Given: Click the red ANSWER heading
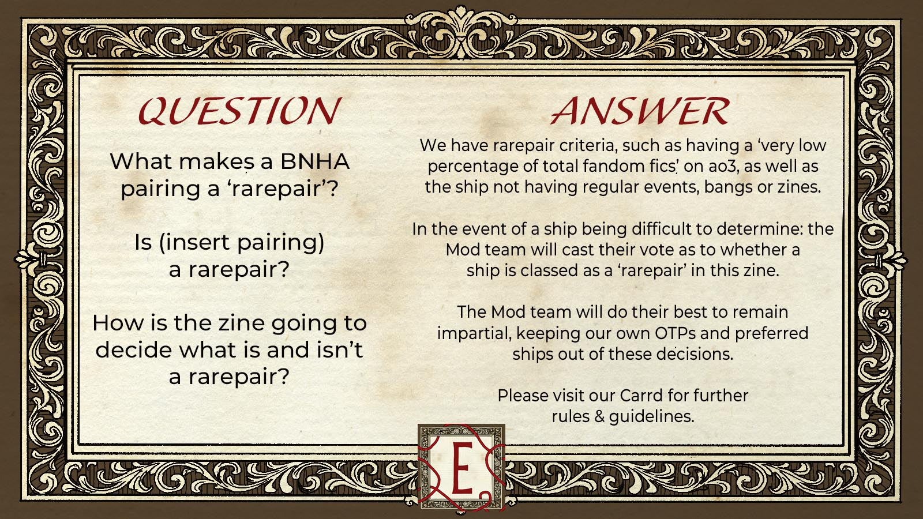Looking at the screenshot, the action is pos(640,111).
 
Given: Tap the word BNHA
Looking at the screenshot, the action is pos(315,161).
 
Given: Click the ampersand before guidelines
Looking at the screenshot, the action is pos(599,416).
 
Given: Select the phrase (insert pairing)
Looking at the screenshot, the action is pos(229,243).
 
